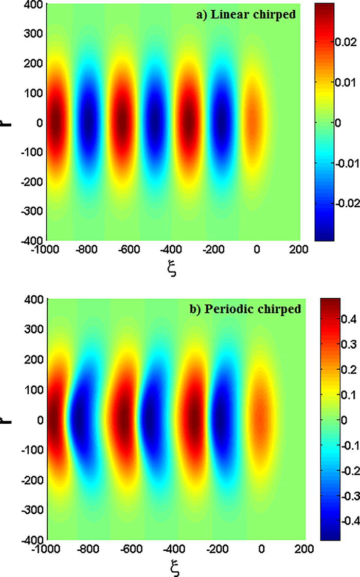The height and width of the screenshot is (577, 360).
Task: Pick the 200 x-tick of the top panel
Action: pyautogui.click(x=299, y=250)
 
